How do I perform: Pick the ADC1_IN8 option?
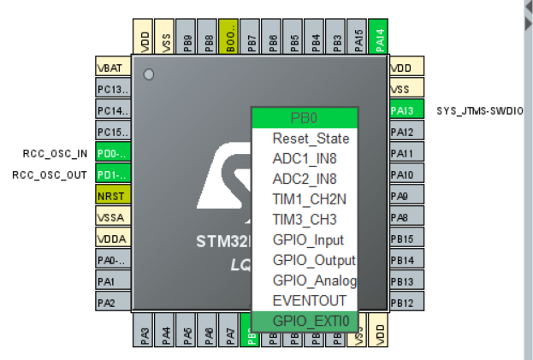pos(304,159)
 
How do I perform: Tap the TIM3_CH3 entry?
pos(304,219)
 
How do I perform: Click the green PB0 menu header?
pos(304,118)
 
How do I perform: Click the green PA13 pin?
pos(401,110)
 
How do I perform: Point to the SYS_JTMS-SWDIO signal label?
pos(479,111)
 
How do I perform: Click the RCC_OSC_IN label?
pos(55,154)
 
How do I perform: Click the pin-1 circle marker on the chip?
pos(149,75)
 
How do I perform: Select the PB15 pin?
pos(401,239)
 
